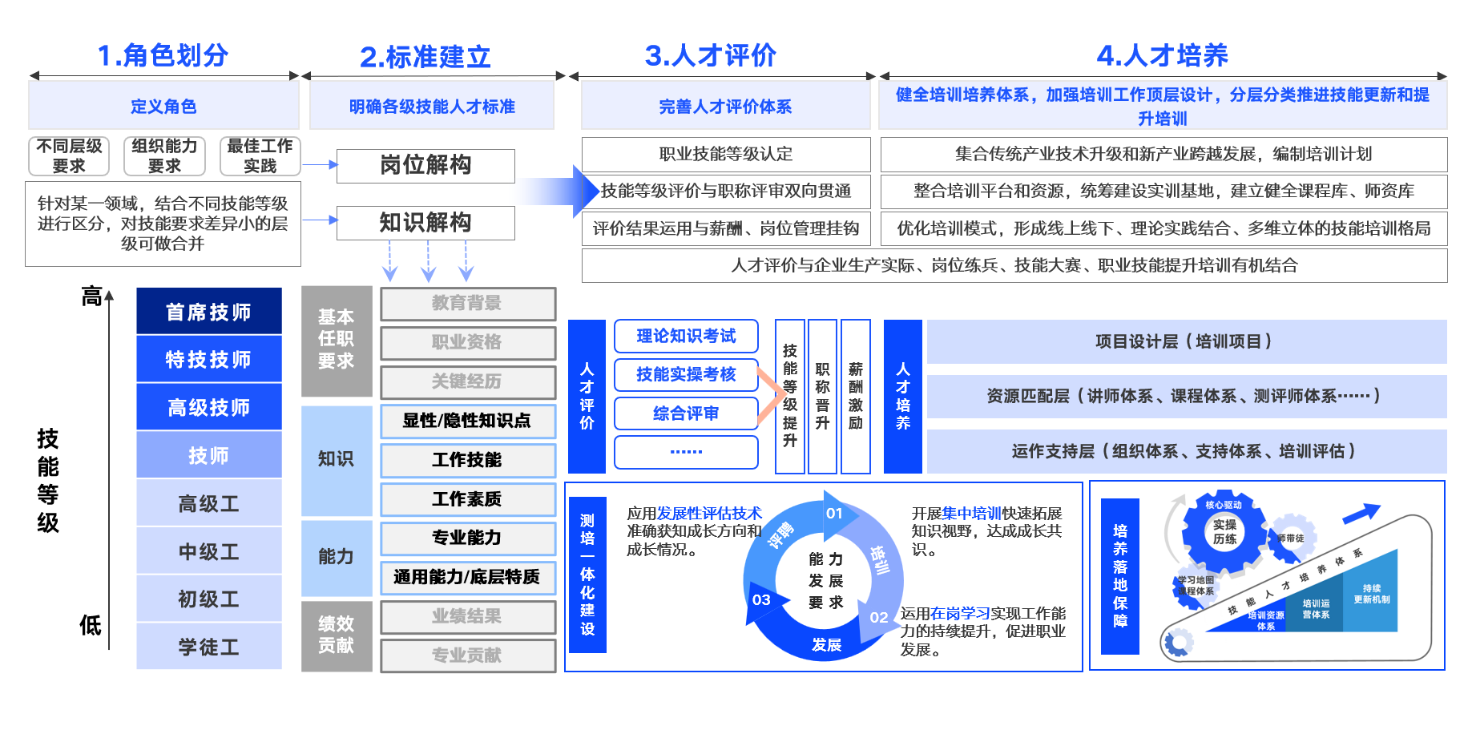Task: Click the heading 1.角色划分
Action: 163,55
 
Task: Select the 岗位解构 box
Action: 425,166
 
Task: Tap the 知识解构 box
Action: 425,223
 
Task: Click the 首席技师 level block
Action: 208,312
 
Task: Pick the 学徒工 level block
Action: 208,647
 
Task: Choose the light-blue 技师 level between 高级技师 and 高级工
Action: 208,455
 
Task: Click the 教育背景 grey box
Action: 467,304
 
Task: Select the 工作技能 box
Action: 467,460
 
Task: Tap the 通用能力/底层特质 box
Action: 467,577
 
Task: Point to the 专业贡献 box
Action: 467,655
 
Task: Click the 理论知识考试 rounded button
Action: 686,336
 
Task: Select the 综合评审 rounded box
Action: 686,413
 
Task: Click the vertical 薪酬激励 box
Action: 856,396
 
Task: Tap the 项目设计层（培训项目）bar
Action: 1186,341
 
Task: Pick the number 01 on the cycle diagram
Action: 834,514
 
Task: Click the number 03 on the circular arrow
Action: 761,599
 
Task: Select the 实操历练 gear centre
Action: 1224,531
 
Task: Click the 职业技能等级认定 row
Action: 725,154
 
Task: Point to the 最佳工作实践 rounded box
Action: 260,156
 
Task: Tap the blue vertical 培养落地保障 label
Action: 1120,575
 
